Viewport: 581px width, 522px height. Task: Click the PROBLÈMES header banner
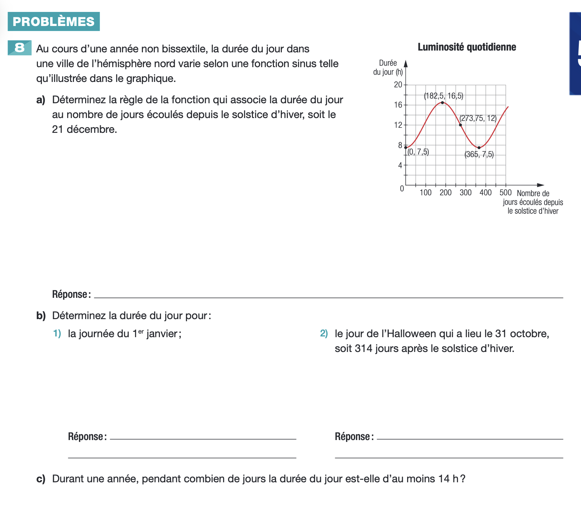(x=53, y=22)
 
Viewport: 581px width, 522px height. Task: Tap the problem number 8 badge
(x=19, y=48)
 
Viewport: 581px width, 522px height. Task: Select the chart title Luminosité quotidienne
(x=467, y=47)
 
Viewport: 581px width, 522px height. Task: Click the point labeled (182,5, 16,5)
(x=442, y=103)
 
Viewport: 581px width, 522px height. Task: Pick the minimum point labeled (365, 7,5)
(x=479, y=148)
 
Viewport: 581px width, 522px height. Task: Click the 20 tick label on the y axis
(x=398, y=85)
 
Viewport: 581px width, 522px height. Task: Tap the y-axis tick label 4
(x=400, y=165)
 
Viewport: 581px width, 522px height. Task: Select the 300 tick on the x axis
(x=466, y=192)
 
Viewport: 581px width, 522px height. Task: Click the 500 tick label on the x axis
(x=505, y=192)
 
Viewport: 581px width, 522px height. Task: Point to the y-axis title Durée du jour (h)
(x=388, y=68)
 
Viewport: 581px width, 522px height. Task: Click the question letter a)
(x=41, y=100)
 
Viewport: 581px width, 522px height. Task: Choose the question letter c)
(x=41, y=479)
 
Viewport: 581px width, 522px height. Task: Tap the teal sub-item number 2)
(x=324, y=334)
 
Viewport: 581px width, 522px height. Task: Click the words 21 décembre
(x=84, y=129)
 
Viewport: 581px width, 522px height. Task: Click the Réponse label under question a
(x=71, y=294)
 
